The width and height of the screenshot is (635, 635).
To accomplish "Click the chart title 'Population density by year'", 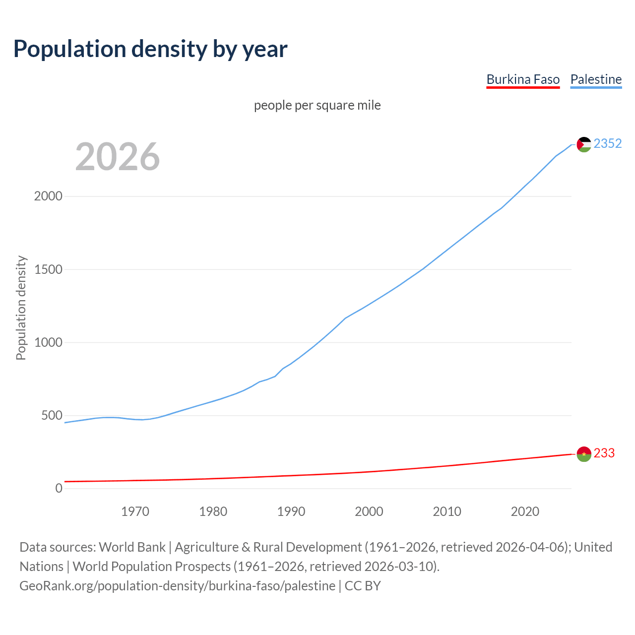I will tap(150, 49).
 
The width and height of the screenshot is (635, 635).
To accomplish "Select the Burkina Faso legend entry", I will tap(523, 79).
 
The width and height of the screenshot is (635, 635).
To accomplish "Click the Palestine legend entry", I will tap(596, 79).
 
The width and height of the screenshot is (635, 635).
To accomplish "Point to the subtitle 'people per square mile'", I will tap(317, 105).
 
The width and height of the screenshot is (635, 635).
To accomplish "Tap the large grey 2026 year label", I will tap(118, 157).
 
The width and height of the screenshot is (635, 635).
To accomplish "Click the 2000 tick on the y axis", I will tap(48, 196).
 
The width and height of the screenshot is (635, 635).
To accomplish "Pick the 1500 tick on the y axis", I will tap(48, 269).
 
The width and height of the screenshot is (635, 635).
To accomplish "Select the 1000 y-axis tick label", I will tap(48, 342).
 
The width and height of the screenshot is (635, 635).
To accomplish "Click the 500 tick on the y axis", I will tap(52, 415).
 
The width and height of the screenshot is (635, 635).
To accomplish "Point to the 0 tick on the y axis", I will tap(59, 489).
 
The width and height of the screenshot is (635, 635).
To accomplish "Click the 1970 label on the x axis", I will tap(135, 511).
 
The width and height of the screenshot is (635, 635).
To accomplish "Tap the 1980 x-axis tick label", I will tap(213, 511).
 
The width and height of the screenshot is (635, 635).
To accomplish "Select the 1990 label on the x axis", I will tap(291, 511).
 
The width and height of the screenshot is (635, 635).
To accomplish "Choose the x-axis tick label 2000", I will tap(369, 511).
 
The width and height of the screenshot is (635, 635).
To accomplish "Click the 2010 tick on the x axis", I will tap(447, 511).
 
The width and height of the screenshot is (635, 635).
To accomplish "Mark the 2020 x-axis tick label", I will tap(525, 511).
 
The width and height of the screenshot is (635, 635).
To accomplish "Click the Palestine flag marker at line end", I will tap(584, 144).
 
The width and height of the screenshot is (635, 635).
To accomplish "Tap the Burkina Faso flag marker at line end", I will tap(584, 454).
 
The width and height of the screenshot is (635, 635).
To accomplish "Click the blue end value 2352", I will tap(608, 143).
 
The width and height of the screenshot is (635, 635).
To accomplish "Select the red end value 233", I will tap(604, 453).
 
